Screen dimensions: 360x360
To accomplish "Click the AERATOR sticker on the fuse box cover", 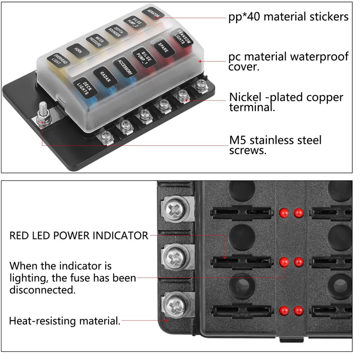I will [153, 12].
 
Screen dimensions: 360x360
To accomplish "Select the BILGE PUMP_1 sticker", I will [143, 58].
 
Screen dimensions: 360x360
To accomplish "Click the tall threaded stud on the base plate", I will [42, 110].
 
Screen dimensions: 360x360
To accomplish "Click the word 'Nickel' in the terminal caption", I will [246, 97].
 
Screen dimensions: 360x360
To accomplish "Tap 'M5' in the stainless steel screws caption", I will [239, 141].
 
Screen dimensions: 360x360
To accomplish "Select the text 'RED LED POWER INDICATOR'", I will [79, 236].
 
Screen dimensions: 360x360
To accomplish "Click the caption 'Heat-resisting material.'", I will [65, 321].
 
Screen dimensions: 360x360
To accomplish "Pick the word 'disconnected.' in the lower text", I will [43, 290].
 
